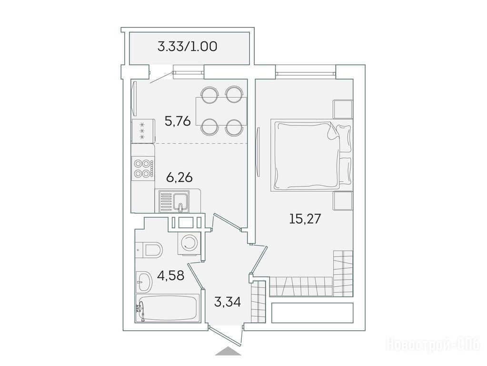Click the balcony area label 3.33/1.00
(187, 47)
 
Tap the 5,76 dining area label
(178, 121)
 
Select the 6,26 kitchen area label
(179, 178)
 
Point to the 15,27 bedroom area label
(305, 219)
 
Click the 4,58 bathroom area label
(170, 275)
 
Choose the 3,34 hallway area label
(228, 302)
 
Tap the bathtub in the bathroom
(168, 308)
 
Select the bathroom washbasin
(144, 282)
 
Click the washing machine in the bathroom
(189, 243)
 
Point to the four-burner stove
(143, 169)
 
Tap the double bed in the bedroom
(310, 155)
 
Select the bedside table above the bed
(343, 109)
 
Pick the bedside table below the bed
(343, 201)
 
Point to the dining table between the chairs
(221, 111)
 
